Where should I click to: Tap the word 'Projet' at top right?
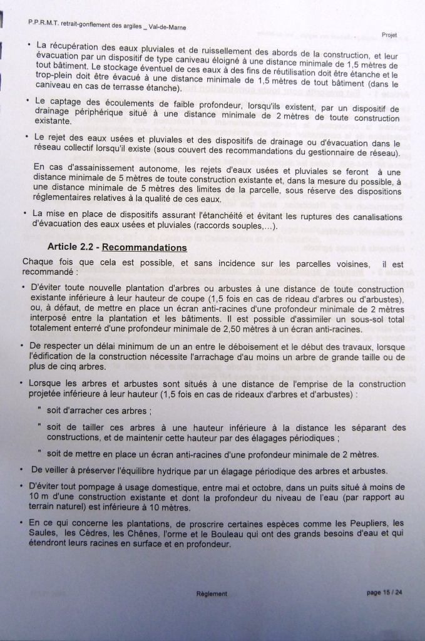point(389,34)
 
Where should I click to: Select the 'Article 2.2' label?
point(69,247)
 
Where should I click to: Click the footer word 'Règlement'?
point(212,594)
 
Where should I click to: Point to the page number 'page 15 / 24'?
point(384,593)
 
